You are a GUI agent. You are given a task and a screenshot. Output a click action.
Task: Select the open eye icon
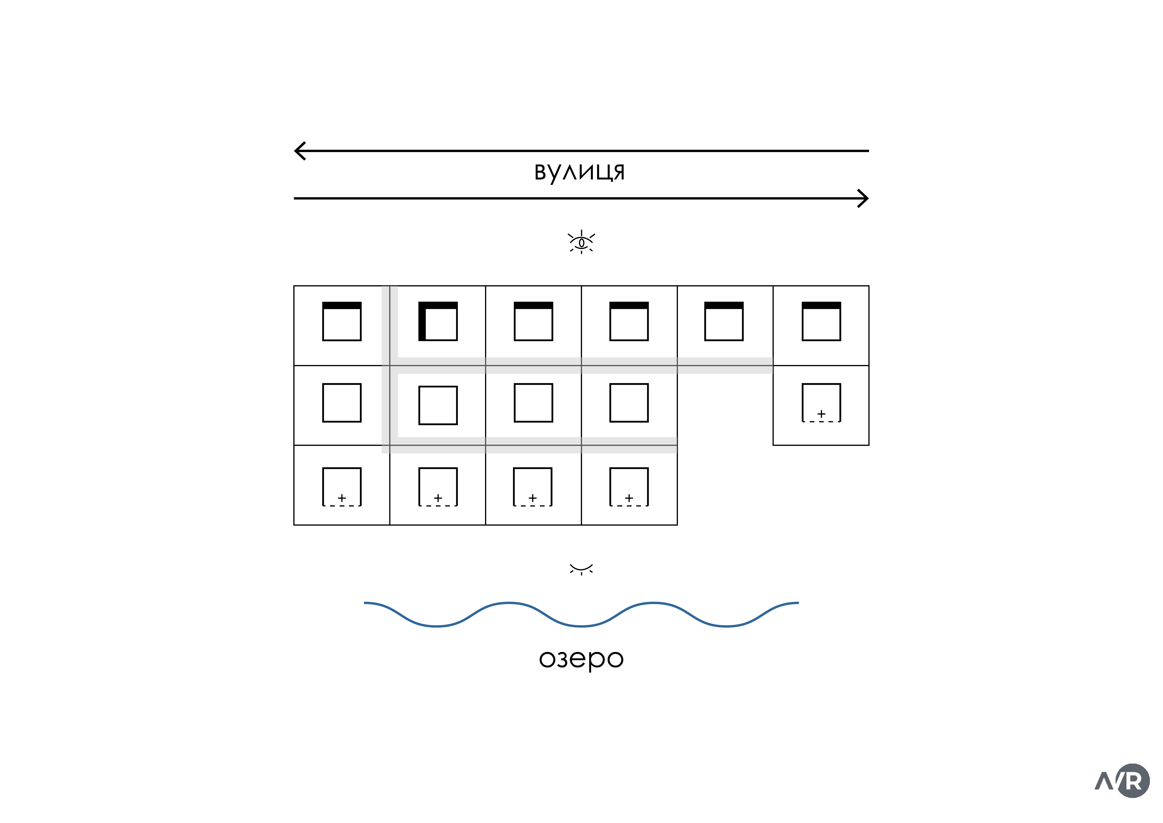pos(581,242)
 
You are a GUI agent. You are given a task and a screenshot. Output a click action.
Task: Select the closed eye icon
pos(581,569)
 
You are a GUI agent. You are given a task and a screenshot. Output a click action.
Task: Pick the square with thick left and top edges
pos(438,321)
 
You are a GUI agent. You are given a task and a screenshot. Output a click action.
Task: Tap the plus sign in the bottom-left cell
pos(342,498)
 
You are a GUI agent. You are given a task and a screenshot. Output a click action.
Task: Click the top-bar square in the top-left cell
pos(342,321)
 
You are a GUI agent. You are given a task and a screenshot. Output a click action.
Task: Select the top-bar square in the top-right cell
pos(821,321)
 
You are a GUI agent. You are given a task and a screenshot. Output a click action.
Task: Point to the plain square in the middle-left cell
pos(342,403)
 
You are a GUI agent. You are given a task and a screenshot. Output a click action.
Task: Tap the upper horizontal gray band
pos(583,365)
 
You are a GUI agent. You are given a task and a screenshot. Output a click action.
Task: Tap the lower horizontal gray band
pos(532,445)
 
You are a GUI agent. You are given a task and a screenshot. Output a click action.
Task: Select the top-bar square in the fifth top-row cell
pos(724,321)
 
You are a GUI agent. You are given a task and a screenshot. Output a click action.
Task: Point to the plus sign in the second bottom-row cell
pos(438,498)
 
